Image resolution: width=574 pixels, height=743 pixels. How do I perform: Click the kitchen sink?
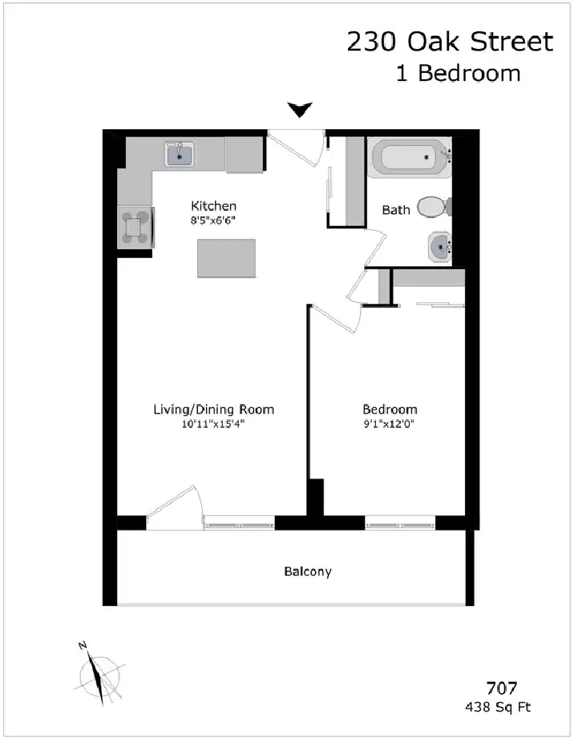(x=179, y=154)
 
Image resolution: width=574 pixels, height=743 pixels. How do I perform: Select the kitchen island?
(x=227, y=258)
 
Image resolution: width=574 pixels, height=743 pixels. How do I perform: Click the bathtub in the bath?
(x=410, y=158)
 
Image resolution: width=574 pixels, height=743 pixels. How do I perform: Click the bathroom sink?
(x=440, y=246)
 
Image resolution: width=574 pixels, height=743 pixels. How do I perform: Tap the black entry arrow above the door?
(x=300, y=110)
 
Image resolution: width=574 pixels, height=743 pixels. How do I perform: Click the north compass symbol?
(x=99, y=675)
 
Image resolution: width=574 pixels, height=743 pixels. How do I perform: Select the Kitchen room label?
(x=213, y=206)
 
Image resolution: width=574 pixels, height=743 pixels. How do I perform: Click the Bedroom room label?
(x=390, y=410)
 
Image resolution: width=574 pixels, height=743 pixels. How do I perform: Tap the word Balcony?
(x=308, y=571)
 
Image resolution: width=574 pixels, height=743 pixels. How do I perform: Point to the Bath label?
(x=396, y=210)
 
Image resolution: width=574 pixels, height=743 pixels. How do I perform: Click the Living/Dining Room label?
(x=214, y=410)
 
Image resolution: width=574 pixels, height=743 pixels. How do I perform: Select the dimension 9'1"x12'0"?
(x=389, y=424)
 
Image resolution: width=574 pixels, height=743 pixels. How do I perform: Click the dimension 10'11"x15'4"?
(x=213, y=424)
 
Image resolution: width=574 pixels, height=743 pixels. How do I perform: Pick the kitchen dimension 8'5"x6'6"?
(x=213, y=220)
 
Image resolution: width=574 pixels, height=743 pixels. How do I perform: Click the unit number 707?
(x=502, y=688)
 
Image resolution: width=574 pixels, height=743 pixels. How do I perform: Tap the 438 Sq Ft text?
(x=498, y=708)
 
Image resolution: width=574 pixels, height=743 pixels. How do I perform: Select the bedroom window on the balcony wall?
(x=400, y=523)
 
